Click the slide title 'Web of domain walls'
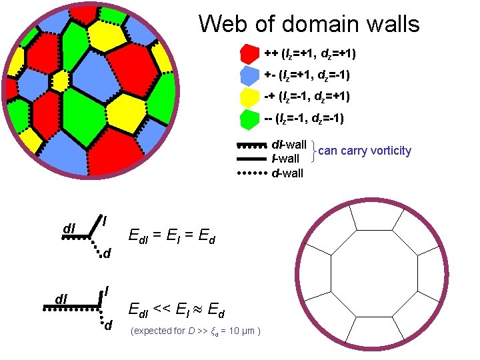pyautogui.click(x=309, y=25)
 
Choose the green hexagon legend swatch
pyautogui.click(x=250, y=120)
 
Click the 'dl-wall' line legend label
pyautogui.click(x=289, y=145)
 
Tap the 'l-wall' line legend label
pyautogui.click(x=286, y=159)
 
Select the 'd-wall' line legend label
pyautogui.click(x=287, y=173)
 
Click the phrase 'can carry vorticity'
pyautogui.click(x=365, y=151)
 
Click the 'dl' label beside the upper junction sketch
pyautogui.click(x=69, y=228)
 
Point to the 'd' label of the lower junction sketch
pyautogui.click(x=107, y=325)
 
